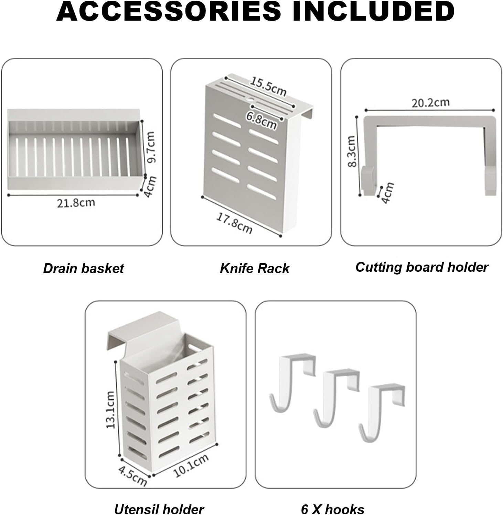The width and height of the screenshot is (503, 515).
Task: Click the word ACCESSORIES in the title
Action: coord(169,11)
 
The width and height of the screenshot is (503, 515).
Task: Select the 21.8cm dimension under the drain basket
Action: coord(76,203)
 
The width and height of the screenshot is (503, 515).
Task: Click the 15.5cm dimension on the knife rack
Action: coord(268,87)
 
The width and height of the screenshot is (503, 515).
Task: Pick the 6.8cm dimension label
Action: coord(261,120)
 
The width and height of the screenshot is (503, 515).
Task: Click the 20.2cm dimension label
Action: coord(430,102)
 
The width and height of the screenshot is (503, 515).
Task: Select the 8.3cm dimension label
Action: coord(351,151)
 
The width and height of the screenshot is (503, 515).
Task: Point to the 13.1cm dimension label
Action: coord(110,410)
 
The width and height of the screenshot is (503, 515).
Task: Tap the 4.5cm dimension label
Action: coord(133,475)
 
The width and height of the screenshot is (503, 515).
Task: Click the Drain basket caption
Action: coord(83,268)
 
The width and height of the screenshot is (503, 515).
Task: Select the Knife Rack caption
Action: coord(255,268)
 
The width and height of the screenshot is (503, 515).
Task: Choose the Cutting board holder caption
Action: coord(422,267)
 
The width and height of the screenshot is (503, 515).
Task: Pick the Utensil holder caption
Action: coord(159,509)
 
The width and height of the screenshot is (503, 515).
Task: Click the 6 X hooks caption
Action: coord(333,509)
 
